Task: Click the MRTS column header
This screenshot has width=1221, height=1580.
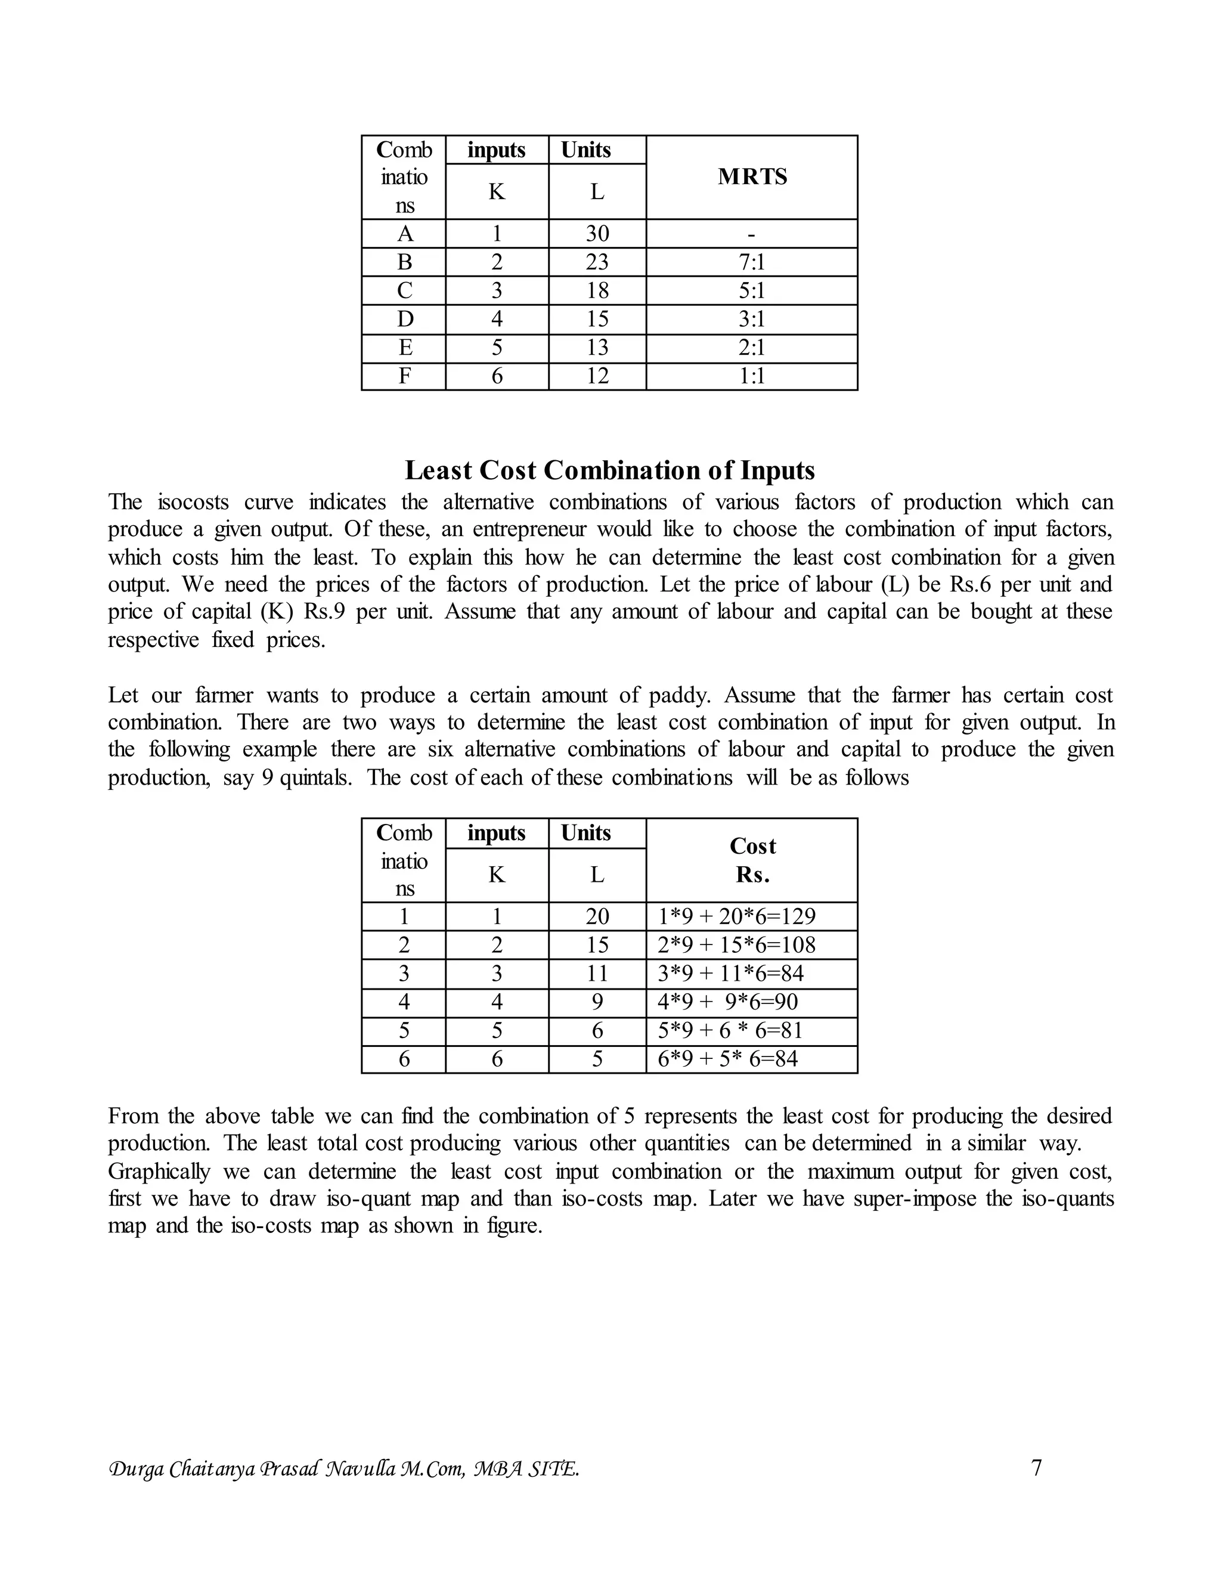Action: (x=752, y=176)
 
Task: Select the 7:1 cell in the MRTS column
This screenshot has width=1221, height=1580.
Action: (x=752, y=262)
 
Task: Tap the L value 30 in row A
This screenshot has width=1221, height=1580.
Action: (x=597, y=234)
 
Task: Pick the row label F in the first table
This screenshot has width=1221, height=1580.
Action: (x=404, y=376)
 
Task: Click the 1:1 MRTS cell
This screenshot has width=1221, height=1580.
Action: (x=752, y=376)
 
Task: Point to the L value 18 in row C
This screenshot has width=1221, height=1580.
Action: (x=597, y=291)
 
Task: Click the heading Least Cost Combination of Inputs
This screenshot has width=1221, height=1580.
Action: (x=609, y=470)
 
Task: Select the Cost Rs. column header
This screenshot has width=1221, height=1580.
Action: (x=752, y=860)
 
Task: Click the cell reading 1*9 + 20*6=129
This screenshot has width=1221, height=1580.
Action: (x=736, y=916)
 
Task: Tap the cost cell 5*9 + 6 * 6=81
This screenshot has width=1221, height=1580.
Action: (x=730, y=1030)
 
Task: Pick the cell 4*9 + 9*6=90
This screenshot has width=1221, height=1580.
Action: (x=728, y=1002)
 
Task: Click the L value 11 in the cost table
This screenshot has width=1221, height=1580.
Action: (x=597, y=974)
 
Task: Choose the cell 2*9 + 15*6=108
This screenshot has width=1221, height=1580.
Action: (x=736, y=945)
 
